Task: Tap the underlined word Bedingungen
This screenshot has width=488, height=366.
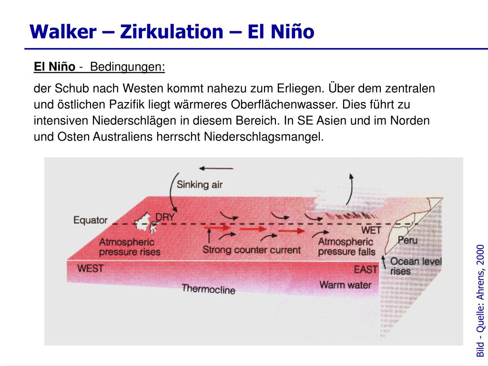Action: click(x=127, y=67)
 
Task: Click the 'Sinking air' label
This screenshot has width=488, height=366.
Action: click(x=200, y=184)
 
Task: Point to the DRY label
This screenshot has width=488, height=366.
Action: click(x=165, y=217)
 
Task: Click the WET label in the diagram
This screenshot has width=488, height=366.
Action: click(x=371, y=230)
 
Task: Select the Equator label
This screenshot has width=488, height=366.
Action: click(x=91, y=220)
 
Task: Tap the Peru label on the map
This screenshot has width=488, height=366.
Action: click(x=407, y=240)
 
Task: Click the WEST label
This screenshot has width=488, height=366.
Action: click(x=91, y=268)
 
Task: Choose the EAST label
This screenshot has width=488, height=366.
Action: click(x=366, y=269)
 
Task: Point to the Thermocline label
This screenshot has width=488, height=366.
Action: click(x=208, y=289)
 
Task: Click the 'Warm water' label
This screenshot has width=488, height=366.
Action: click(x=345, y=285)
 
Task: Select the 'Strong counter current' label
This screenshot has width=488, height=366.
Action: click(x=252, y=250)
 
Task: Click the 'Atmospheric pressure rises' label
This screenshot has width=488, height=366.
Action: click(x=129, y=247)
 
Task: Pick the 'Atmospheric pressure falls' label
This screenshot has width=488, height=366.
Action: click(x=346, y=247)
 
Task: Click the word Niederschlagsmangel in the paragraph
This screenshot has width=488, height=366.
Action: click(x=264, y=137)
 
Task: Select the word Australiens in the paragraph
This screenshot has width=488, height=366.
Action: click(x=122, y=137)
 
